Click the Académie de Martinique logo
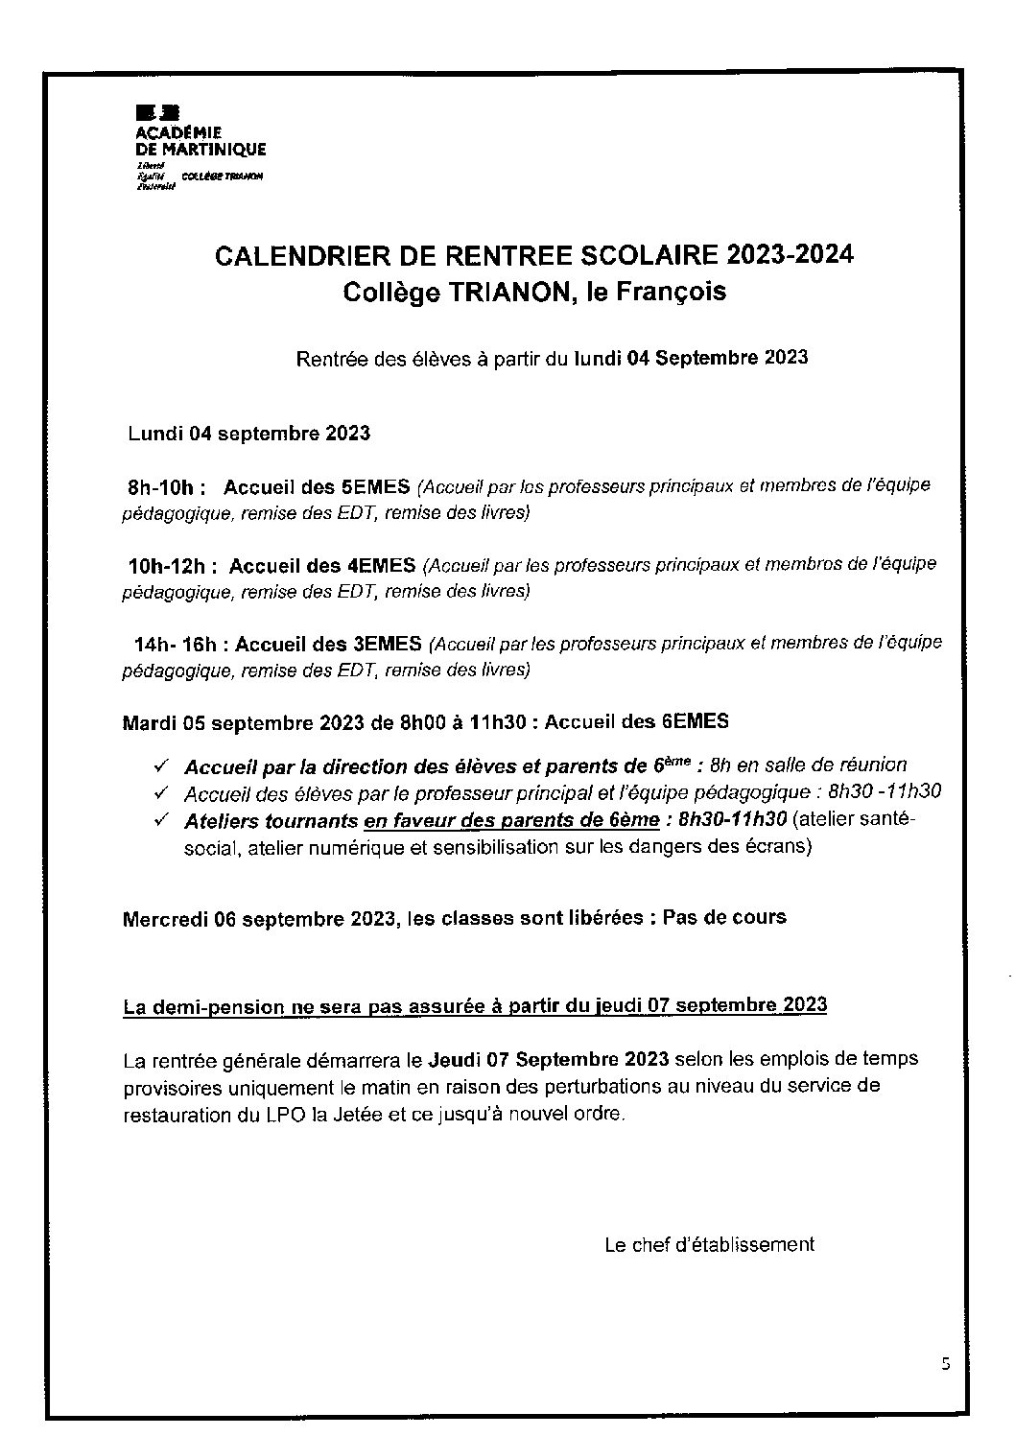(201, 144)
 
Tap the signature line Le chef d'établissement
(709, 1245)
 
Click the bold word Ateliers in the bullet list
(220, 820)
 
